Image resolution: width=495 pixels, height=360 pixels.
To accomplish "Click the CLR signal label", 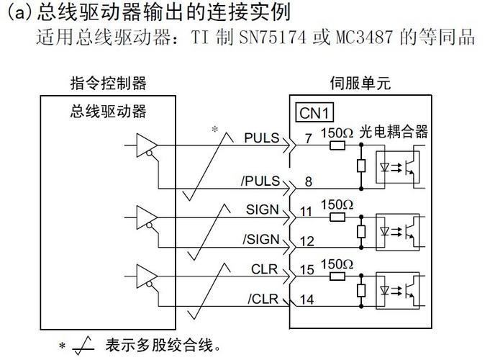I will (264, 269).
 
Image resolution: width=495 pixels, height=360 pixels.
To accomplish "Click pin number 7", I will (309, 140).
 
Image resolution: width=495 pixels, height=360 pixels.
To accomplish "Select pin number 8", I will (309, 182).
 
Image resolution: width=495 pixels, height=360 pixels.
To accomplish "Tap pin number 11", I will (307, 212).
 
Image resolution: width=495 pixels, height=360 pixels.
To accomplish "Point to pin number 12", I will (307, 241).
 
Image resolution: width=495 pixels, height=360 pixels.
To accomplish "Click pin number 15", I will (307, 271).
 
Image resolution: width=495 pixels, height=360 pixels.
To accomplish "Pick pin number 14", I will (307, 300).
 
